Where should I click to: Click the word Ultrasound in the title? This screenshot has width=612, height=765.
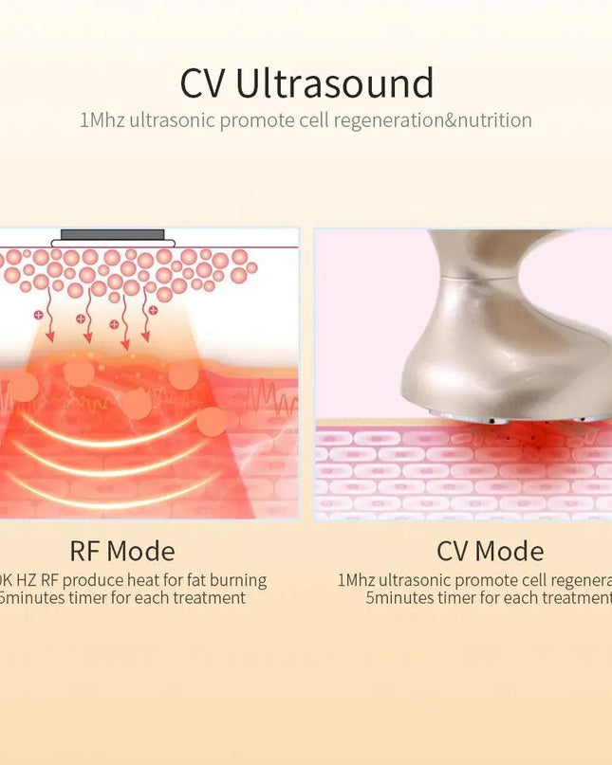335,84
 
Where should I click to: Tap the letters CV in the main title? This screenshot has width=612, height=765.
203,84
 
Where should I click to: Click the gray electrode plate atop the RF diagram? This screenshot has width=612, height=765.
113,234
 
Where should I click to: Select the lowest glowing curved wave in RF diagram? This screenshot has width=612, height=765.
114,489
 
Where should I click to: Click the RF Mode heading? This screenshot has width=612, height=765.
121,552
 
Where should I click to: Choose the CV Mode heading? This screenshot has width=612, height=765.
490,552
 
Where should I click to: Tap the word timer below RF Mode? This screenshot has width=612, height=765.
91,598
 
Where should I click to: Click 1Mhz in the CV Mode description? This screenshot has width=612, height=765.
356,580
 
